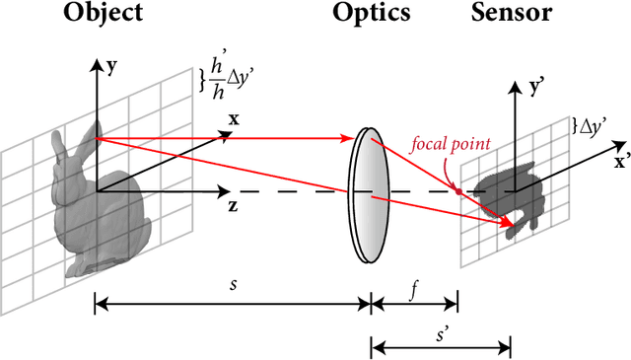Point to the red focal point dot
pyautogui.click(x=457, y=189)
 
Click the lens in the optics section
pyautogui.click(x=367, y=194)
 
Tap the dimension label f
pyautogui.click(x=414, y=291)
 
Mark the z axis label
pyautogui.click(x=232, y=206)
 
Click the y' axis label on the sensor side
pyautogui.click(x=538, y=88)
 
